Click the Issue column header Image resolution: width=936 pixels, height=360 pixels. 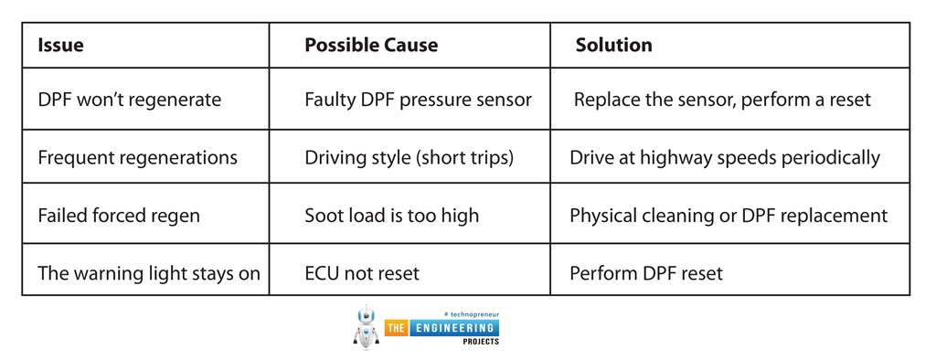click(60, 45)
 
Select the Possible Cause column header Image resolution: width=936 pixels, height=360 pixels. click(371, 45)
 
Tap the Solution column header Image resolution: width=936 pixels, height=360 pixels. click(614, 45)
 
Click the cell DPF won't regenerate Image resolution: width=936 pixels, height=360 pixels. click(129, 100)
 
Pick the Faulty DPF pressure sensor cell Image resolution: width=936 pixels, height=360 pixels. click(418, 100)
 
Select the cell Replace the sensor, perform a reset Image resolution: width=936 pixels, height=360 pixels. click(722, 100)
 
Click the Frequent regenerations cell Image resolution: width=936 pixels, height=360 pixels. click(137, 158)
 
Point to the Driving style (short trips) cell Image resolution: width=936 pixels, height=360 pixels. click(409, 158)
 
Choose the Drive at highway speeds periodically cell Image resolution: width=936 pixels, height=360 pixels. click(725, 158)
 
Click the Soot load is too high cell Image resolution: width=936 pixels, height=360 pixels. click(391, 217)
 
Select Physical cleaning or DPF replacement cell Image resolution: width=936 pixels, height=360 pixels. click(729, 217)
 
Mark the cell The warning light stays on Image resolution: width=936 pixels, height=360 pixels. click(149, 273)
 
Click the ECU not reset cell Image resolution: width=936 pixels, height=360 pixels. click(363, 273)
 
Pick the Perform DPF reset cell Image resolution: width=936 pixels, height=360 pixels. click(645, 273)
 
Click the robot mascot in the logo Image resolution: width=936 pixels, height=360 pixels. click(366, 329)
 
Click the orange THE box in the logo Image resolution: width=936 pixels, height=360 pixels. click(398, 328)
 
